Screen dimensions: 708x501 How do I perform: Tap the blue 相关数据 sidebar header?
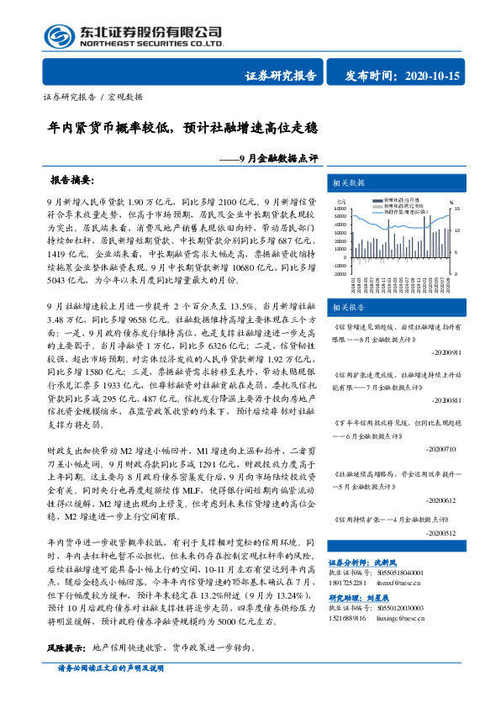pos(348,182)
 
